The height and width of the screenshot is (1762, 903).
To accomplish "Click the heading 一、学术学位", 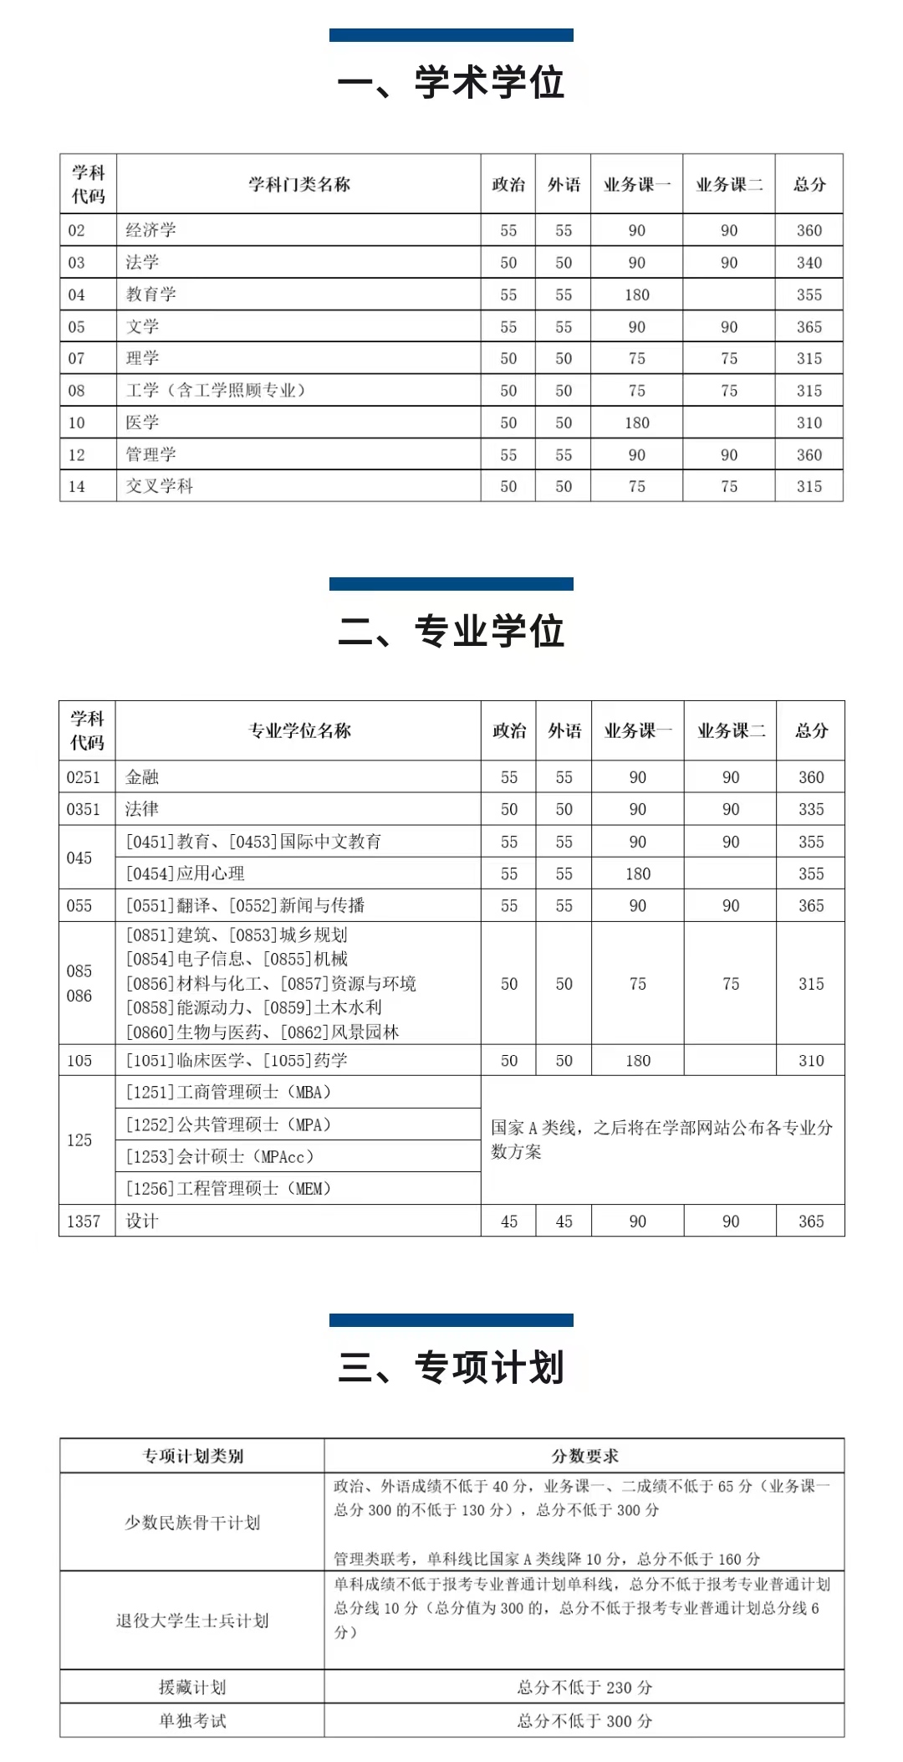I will [451, 83].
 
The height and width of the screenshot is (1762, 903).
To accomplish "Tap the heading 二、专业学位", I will [451, 631].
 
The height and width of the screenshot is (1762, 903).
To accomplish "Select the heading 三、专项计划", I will [451, 1368].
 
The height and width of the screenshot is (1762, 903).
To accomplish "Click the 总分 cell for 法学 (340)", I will [809, 263].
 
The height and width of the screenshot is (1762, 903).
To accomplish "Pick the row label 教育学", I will [151, 295].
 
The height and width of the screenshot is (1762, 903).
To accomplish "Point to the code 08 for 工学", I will [77, 391].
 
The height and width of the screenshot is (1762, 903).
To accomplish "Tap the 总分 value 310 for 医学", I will [809, 423].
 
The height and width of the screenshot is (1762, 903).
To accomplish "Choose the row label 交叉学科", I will [160, 486].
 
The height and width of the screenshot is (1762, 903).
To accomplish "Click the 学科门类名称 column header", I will [298, 184].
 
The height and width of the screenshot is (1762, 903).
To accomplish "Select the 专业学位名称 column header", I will [299, 730].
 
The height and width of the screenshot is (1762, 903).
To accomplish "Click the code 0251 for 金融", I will [84, 777].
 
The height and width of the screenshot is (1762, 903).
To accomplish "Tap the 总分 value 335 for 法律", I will [810, 809].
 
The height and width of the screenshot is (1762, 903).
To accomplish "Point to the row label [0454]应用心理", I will [186, 873].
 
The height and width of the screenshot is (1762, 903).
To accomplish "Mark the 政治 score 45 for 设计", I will [508, 1222].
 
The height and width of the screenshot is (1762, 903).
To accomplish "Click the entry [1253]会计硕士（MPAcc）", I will [220, 1156].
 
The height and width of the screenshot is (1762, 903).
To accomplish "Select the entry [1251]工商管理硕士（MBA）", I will [228, 1092].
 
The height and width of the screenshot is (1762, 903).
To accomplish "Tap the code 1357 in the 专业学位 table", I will [84, 1222].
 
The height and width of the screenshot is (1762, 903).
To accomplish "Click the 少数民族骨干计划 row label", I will [192, 1523].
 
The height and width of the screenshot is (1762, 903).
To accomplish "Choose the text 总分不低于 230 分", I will [584, 1688].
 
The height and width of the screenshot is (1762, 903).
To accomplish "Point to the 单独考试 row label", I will [192, 1721].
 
